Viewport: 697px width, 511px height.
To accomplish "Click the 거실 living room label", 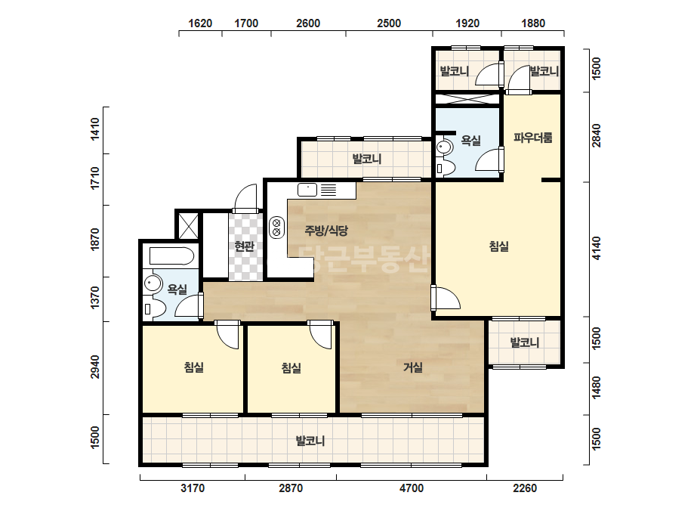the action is pyautogui.click(x=413, y=367).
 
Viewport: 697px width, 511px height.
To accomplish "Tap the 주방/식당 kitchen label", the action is pyautogui.click(x=326, y=231).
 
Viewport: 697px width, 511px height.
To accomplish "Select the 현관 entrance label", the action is pyautogui.click(x=244, y=246).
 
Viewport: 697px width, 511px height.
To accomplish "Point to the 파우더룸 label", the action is pyautogui.click(x=533, y=138).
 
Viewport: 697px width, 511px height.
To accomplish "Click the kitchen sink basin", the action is pyautogui.click(x=307, y=190).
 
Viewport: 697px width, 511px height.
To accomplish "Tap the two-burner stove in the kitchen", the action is pyautogui.click(x=277, y=227).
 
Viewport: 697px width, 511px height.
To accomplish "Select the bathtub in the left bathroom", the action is pyautogui.click(x=171, y=256).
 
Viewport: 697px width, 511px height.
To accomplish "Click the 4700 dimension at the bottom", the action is pyautogui.click(x=411, y=488).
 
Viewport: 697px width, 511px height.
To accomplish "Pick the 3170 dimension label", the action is pyautogui.click(x=193, y=488).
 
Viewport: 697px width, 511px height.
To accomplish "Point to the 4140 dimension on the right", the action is pyautogui.click(x=597, y=249).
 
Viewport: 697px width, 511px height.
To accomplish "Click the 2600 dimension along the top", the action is pyautogui.click(x=308, y=23).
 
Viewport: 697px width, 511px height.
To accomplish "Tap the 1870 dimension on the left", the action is pyautogui.click(x=94, y=240).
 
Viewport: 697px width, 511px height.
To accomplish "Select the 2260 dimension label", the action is pyautogui.click(x=525, y=488).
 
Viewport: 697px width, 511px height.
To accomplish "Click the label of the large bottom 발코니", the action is pyautogui.click(x=310, y=441).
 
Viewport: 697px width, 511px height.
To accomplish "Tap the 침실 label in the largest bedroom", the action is pyautogui.click(x=498, y=246).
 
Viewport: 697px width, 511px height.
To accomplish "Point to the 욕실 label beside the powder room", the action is pyautogui.click(x=470, y=140).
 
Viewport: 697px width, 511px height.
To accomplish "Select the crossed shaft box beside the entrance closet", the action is pyautogui.click(x=189, y=226).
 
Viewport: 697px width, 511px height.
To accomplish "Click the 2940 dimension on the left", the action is pyautogui.click(x=94, y=367).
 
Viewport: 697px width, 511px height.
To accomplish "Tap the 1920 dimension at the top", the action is pyautogui.click(x=467, y=23).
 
